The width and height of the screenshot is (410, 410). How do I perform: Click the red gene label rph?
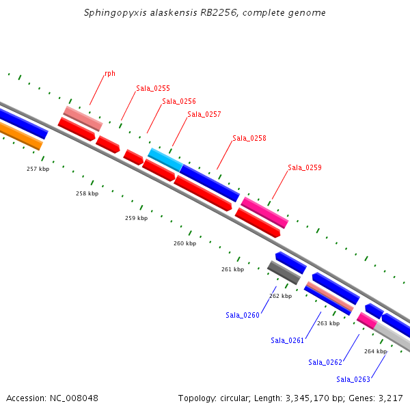(x=109, y=74)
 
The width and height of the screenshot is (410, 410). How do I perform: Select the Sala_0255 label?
(x=153, y=88)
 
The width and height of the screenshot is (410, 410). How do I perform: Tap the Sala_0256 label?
(x=179, y=101)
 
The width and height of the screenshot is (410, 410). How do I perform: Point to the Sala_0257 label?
(x=204, y=114)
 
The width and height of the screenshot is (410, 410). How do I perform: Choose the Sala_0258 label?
(x=249, y=138)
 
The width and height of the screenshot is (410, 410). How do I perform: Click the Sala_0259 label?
(x=305, y=167)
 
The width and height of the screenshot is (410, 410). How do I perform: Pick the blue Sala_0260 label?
(x=243, y=315)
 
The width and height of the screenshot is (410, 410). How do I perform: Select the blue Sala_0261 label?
(x=288, y=340)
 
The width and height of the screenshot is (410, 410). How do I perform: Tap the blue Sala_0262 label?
(x=325, y=362)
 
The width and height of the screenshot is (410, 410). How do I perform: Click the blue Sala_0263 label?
(x=353, y=379)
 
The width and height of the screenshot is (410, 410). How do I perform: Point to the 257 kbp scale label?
(x=38, y=169)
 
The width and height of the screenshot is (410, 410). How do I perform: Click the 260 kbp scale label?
(x=184, y=243)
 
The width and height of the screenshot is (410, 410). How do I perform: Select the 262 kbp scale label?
(x=280, y=296)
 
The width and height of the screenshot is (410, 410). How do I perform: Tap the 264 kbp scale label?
(x=375, y=351)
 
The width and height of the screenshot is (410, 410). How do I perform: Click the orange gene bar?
(x=20, y=137)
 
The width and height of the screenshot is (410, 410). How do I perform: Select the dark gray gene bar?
(x=284, y=273)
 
